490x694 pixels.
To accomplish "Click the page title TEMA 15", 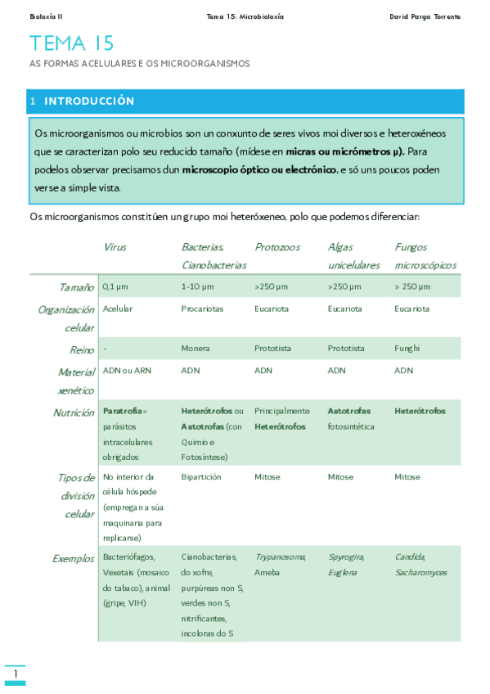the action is coord(72,44).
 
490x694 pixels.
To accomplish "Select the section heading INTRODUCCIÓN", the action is coord(88,101).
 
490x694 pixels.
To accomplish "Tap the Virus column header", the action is coord(115,246).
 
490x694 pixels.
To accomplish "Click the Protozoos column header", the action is coord(277,246).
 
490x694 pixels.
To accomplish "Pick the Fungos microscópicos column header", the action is coord(425,255).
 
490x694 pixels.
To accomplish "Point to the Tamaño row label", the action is coord(76,287).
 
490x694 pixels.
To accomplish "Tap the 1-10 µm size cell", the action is coord(197,287).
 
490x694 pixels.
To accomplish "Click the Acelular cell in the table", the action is coord(118,309).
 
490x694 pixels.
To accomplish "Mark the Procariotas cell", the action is coord(202,309).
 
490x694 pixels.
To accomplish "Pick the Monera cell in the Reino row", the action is coord(196,349).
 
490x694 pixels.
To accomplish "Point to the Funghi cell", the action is coord(407,349).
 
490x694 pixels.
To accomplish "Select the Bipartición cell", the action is coord(200,476).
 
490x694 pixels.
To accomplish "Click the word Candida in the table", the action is coord(409,557).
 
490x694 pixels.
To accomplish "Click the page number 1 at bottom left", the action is coord(15,674).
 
